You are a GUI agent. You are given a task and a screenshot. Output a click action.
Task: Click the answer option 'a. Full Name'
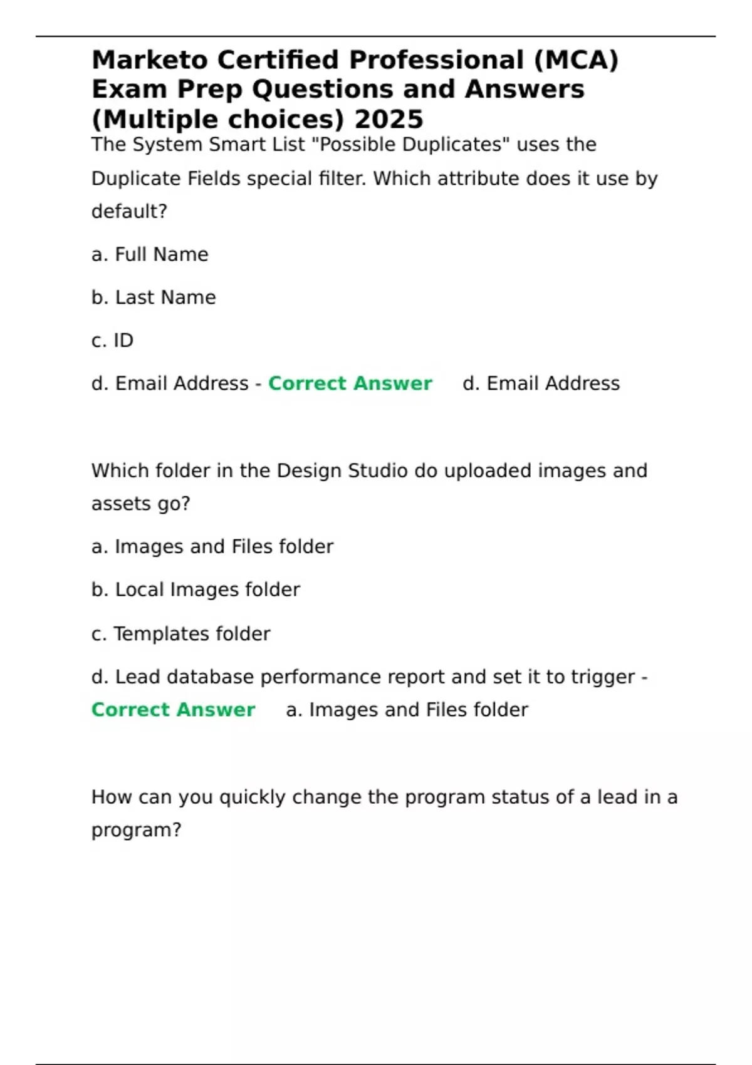point(150,254)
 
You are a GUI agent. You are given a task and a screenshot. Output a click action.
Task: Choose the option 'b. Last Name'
point(154,297)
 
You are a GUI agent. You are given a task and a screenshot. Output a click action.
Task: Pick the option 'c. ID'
point(113,340)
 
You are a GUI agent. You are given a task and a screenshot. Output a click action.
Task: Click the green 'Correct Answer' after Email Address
point(350,383)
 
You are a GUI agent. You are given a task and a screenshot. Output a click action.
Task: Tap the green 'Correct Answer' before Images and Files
point(173,710)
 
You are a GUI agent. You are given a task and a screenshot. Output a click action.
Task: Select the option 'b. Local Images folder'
point(196,590)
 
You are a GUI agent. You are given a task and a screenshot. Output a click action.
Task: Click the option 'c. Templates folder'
point(180,634)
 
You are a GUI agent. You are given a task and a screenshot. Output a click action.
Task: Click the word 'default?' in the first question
point(129,212)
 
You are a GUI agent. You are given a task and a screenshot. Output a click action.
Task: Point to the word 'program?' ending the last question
point(136,830)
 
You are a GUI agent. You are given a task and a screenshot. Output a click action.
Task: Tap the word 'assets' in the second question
point(117,504)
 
